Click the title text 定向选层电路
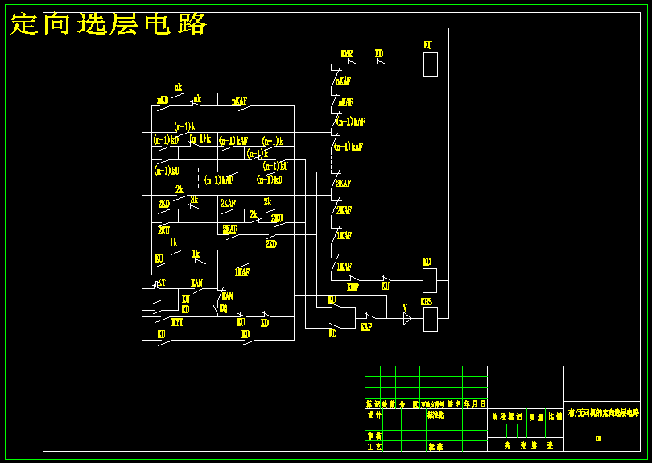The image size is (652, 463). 109,24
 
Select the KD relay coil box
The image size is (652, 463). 430,280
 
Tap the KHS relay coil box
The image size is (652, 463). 431,320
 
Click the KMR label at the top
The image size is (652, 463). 347,54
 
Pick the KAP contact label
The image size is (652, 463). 365,327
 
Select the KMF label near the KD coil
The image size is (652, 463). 353,287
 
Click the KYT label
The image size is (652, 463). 177,321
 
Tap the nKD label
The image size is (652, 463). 163,101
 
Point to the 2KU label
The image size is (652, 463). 163,229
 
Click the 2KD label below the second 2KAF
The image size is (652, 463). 271,243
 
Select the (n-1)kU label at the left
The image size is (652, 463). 166,171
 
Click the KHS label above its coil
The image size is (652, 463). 427,302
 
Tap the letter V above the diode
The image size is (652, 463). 405,306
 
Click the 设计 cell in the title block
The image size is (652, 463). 373,415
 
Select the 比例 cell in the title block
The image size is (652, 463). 555,417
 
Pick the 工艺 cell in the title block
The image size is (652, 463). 373,445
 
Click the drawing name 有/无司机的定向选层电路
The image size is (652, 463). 603,413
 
